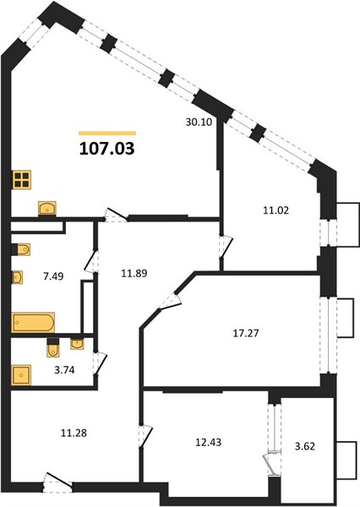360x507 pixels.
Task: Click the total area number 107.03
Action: pos(106,149)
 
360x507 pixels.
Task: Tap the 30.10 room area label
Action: pos(199,123)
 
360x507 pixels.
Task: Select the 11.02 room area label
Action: pos(275,210)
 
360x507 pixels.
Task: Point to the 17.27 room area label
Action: pos(246,333)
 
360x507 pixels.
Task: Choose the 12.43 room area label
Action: pos(208,442)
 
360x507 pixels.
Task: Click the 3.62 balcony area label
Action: pos(305,446)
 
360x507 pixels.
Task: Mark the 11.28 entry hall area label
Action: pos(74,433)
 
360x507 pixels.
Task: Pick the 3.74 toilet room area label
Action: pos(64,370)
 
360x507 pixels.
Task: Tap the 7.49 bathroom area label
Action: pos(53,276)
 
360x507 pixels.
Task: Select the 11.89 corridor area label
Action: pos(134,274)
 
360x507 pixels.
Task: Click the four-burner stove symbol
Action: pos(22,180)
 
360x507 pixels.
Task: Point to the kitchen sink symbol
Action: pos(47,208)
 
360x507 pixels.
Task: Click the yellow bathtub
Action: pos(33,323)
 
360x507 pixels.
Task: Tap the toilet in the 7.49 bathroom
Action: pos(21,249)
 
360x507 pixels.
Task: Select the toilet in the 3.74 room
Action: pos(53,347)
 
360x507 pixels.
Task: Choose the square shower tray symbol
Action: pos(21,375)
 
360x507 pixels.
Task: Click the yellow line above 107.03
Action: pos(107,133)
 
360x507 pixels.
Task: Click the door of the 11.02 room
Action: pos(226,248)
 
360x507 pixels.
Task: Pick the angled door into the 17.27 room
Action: pos(170,301)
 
